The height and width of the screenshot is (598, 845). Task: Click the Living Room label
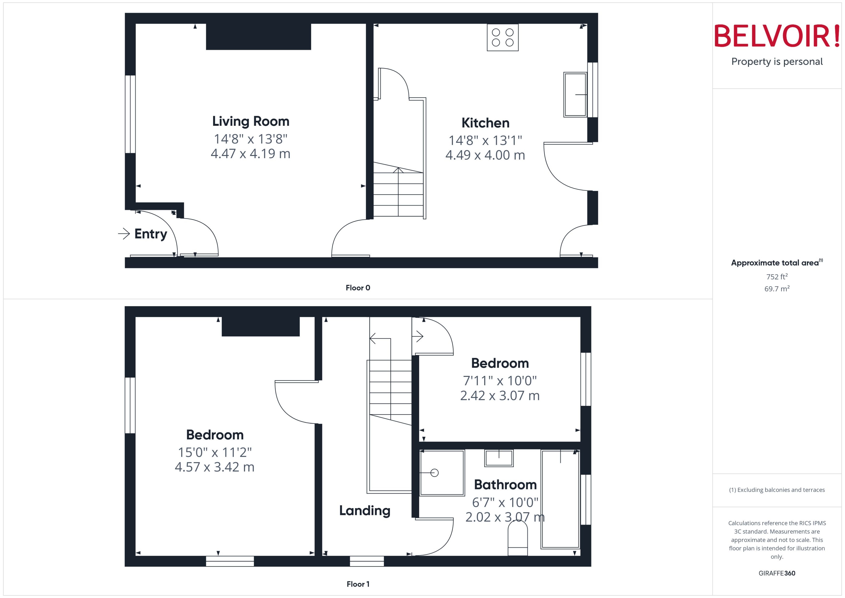pyautogui.click(x=251, y=121)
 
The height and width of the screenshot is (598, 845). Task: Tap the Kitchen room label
pyautogui.click(x=485, y=123)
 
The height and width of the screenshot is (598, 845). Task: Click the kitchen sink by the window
pyautogui.click(x=575, y=95)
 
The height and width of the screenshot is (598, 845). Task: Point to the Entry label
pyautogui.click(x=151, y=234)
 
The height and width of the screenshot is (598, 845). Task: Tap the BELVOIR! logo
pyautogui.click(x=777, y=36)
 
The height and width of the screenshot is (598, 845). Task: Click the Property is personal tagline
pyautogui.click(x=777, y=62)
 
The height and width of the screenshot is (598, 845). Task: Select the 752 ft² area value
pyautogui.click(x=777, y=276)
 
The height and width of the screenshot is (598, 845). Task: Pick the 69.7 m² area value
pyautogui.click(x=777, y=289)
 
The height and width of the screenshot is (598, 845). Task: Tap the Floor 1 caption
pyautogui.click(x=358, y=584)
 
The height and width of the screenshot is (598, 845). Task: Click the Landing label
pyautogui.click(x=365, y=510)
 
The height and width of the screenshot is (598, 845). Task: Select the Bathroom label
pyautogui.click(x=505, y=485)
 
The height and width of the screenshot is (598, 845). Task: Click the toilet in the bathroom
pyautogui.click(x=518, y=539)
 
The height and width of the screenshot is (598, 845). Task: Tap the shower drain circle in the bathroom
pyautogui.click(x=435, y=473)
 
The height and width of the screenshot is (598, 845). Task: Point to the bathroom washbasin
pyautogui.click(x=499, y=458)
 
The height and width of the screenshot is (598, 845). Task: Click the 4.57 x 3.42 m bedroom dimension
pyautogui.click(x=215, y=467)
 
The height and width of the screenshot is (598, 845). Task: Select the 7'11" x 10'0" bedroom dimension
pyautogui.click(x=500, y=380)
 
